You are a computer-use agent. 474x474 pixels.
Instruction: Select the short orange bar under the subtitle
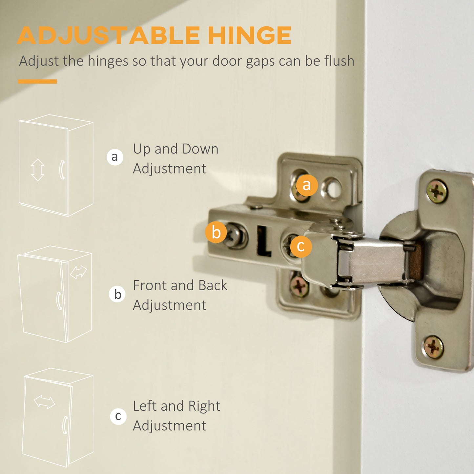[x=37, y=81]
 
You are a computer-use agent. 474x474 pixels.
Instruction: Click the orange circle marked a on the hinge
[x=307, y=185]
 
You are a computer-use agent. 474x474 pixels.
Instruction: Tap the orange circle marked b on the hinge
[x=216, y=232]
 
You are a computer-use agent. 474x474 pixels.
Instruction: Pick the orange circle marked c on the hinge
[x=301, y=246]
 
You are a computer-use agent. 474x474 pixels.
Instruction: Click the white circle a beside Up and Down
[x=115, y=157]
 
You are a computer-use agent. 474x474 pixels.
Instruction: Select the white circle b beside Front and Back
[x=117, y=294]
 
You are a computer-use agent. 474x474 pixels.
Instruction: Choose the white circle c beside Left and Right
[x=118, y=417]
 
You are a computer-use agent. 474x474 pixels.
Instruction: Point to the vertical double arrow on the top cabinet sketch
[x=38, y=170]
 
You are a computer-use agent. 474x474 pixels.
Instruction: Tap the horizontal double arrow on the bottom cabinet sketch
[x=44, y=402]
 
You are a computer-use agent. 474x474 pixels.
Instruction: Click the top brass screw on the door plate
[x=437, y=191]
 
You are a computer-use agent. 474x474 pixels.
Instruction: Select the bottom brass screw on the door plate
[x=433, y=347]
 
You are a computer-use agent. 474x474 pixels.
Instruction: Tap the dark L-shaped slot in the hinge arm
[x=264, y=241]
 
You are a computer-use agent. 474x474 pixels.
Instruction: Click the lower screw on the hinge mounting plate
[x=299, y=286]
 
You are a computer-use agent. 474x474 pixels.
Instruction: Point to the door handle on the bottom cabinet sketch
[x=65, y=425]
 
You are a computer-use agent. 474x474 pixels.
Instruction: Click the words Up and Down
[x=175, y=149]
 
